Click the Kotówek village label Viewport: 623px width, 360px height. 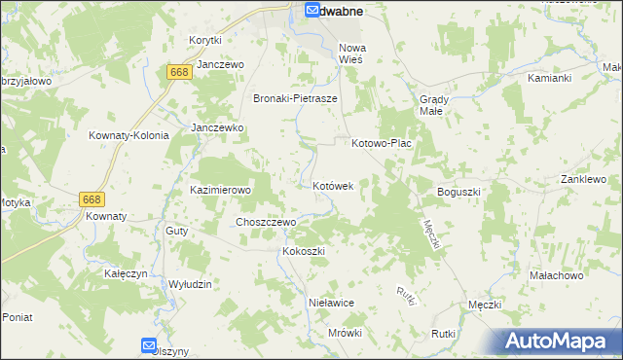(339, 185)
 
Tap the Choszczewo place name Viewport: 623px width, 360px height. (266, 222)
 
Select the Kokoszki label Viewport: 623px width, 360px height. (302, 251)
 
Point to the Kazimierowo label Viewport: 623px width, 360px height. (220, 191)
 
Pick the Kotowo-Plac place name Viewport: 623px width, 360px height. (382, 143)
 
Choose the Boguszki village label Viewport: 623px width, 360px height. (459, 192)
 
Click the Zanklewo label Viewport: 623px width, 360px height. (583, 180)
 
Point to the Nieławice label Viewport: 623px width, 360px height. (330, 303)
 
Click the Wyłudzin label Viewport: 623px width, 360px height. (190, 283)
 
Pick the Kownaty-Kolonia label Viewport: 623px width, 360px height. (128, 135)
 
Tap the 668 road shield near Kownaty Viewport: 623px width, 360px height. (92, 198)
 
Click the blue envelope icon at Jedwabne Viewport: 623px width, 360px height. (311, 11)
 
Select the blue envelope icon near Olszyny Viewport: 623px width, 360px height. (148, 344)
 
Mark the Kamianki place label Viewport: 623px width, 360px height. (549, 77)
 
